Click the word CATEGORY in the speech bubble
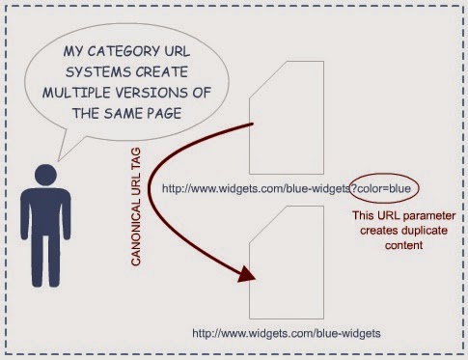(x=124, y=51)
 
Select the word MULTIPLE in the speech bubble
(x=76, y=93)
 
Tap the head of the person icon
(x=45, y=175)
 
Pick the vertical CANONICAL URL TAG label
(x=136, y=207)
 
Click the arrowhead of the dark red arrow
(x=247, y=275)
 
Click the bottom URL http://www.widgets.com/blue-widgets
(x=287, y=333)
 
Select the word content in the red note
(x=403, y=245)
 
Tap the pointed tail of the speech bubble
(x=59, y=160)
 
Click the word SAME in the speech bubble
(x=124, y=113)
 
